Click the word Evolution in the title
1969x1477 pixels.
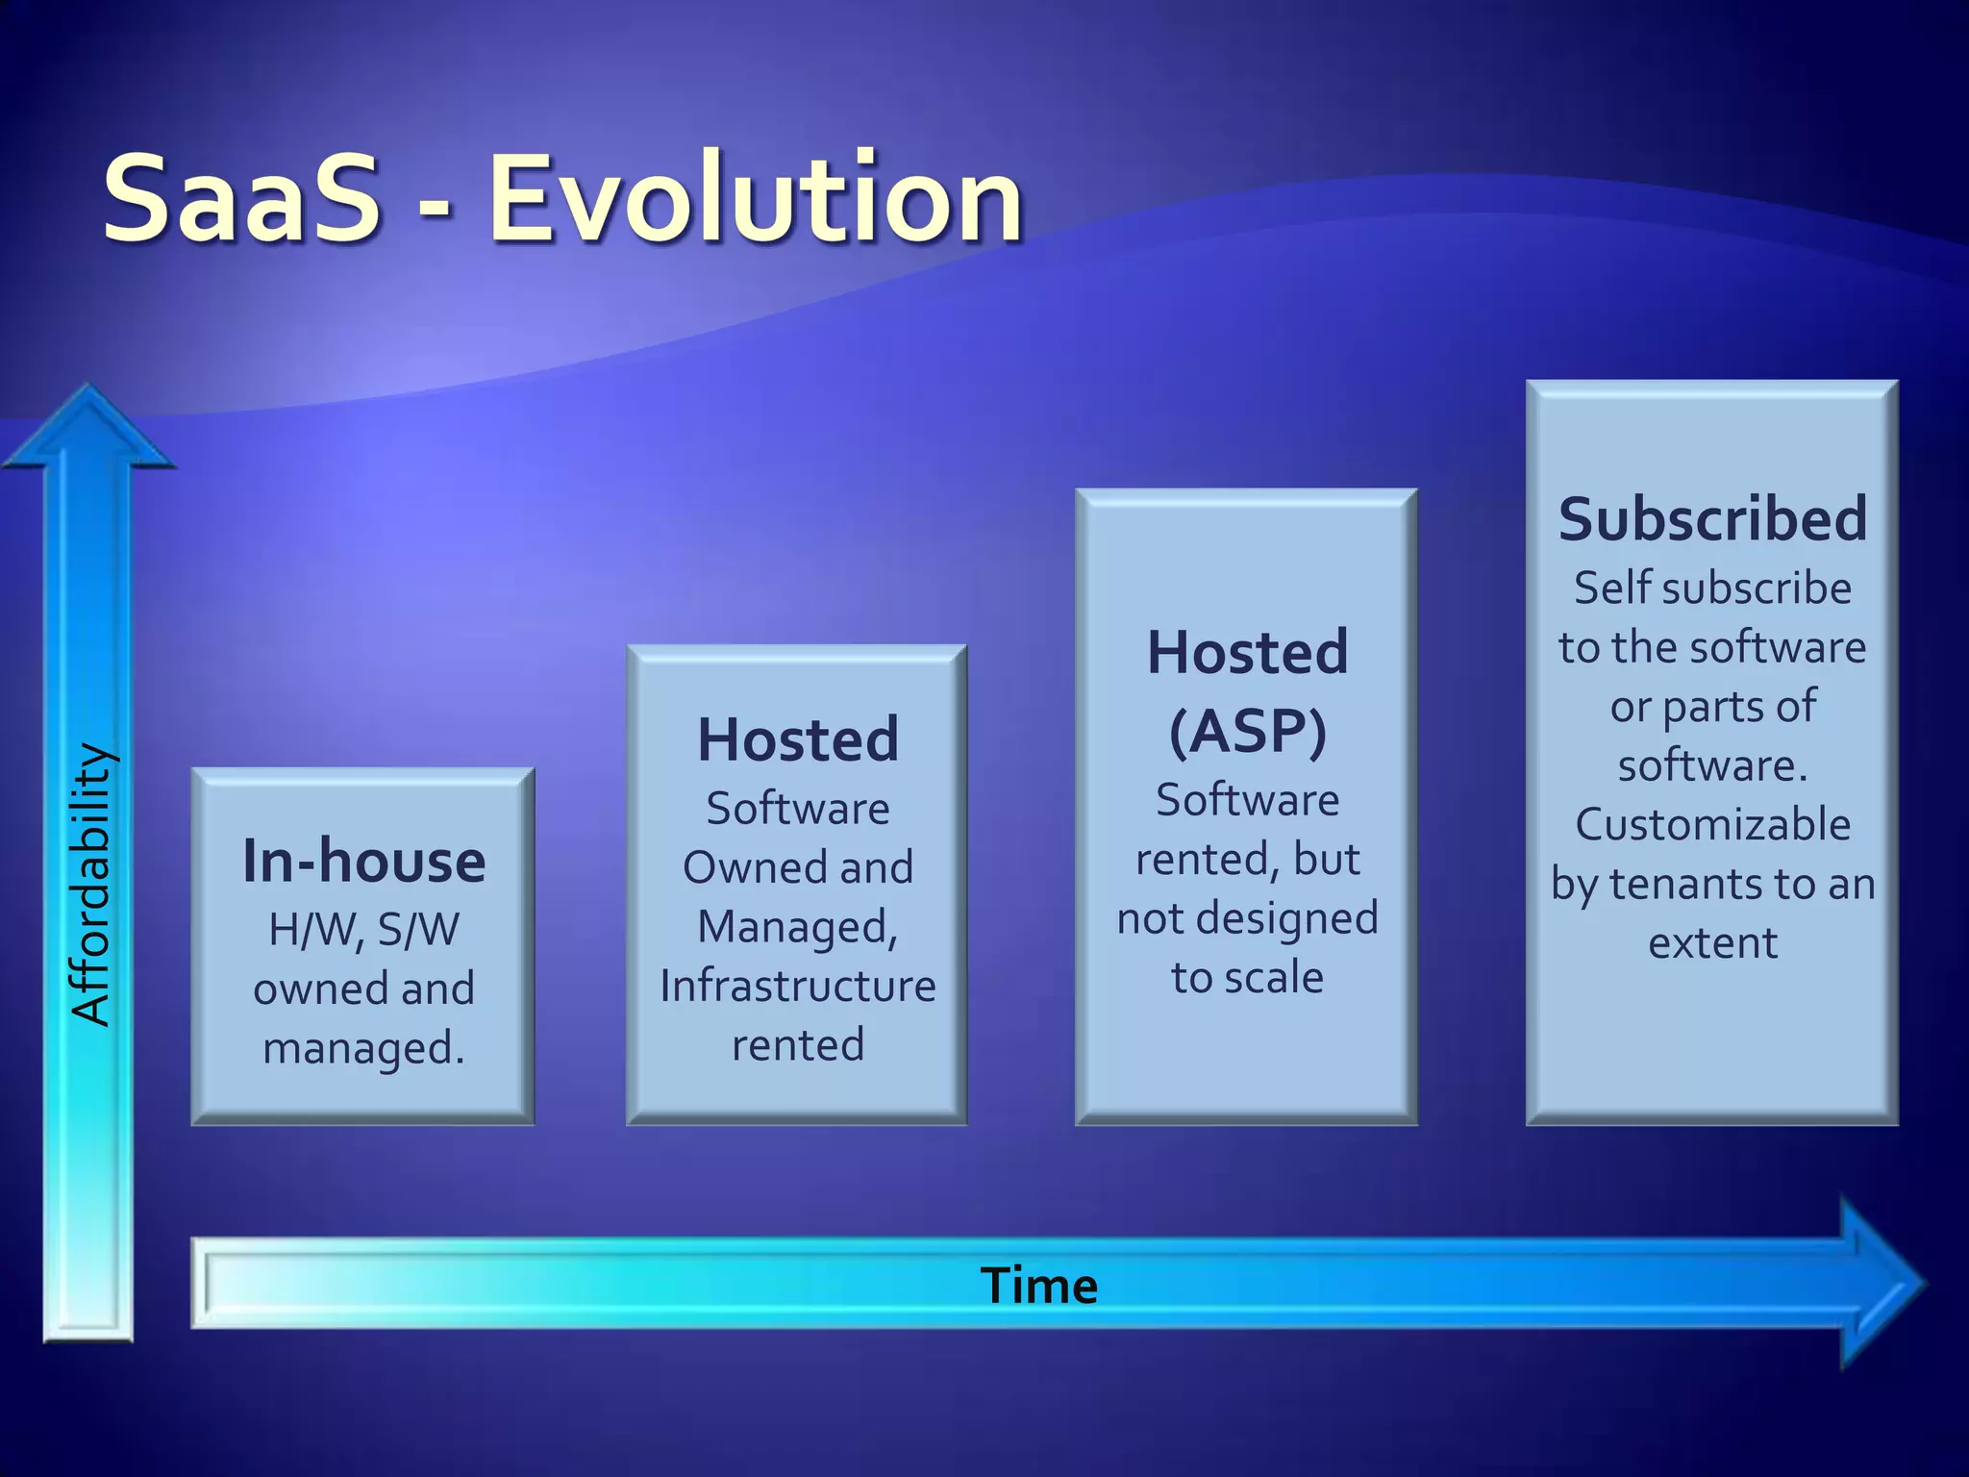click(x=756, y=199)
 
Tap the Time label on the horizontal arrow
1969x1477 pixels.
click(x=1038, y=1286)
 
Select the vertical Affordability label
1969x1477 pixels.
click(x=93, y=885)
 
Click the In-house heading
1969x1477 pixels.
click(x=363, y=861)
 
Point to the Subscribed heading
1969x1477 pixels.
click(x=1712, y=519)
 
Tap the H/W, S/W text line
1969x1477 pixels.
click(x=363, y=930)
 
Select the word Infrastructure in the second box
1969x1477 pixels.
click(x=797, y=986)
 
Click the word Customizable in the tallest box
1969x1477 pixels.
click(x=1712, y=825)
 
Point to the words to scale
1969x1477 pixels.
click(x=1247, y=978)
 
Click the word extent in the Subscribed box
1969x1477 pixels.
click(x=1712, y=943)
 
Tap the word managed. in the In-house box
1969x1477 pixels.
click(x=363, y=1048)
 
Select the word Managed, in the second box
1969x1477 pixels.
click(x=797, y=927)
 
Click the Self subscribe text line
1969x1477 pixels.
click(x=1712, y=588)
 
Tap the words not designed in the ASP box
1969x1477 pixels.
click(x=1247, y=918)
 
